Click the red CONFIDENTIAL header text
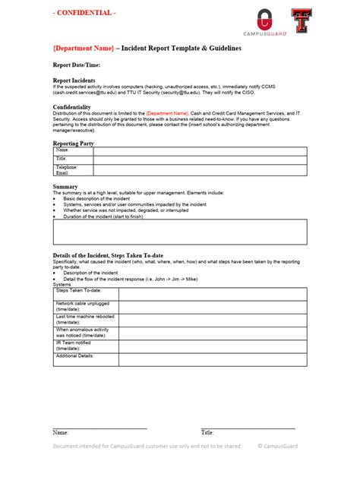click(84, 14)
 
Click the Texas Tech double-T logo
click(301, 21)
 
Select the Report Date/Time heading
click(77, 65)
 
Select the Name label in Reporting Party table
click(62, 150)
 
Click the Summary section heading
click(65, 186)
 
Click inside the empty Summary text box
click(180, 232)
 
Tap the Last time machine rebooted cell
click(84, 320)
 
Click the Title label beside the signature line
click(207, 432)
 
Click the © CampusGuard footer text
click(283, 447)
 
